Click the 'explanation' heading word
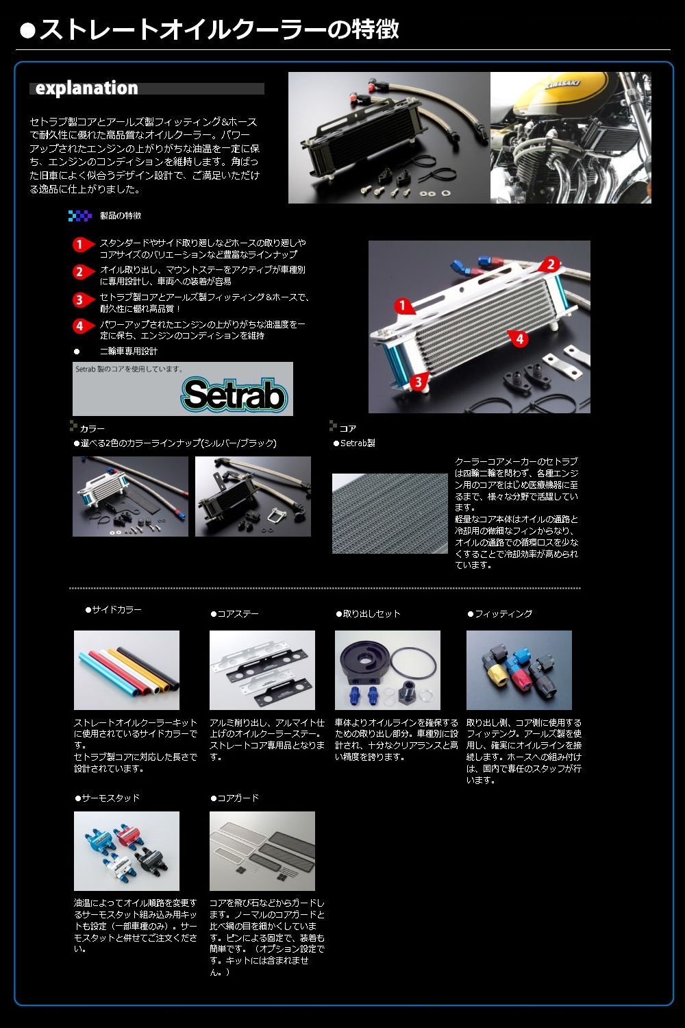[x=86, y=88]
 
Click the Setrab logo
[x=234, y=395]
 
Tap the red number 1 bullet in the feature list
[x=80, y=245]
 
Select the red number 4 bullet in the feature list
[x=80, y=326]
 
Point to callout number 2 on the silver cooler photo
[x=552, y=264]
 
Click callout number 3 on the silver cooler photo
[x=418, y=382]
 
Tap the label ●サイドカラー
[x=114, y=609]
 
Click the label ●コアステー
[x=234, y=613]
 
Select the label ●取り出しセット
[x=368, y=613]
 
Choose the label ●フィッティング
[x=499, y=613]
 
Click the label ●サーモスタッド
[x=108, y=798]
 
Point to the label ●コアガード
[x=234, y=798]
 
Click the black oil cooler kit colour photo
[x=253, y=497]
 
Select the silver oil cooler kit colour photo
[x=130, y=497]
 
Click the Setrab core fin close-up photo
[x=390, y=513]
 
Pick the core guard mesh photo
[x=262, y=851]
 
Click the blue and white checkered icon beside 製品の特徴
[x=80, y=216]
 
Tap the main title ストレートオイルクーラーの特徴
[x=218, y=29]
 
